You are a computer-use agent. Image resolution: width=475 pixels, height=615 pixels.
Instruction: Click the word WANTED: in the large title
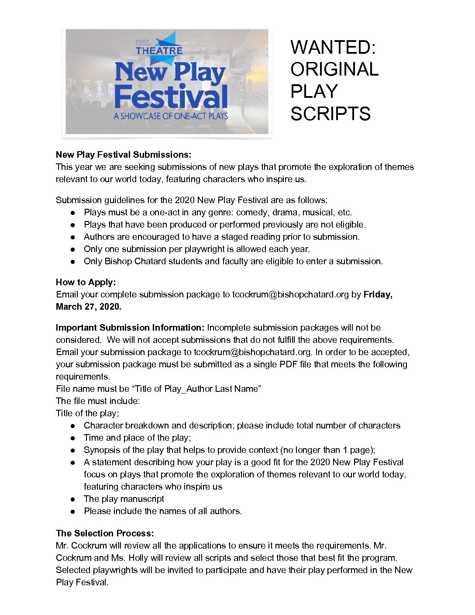333,47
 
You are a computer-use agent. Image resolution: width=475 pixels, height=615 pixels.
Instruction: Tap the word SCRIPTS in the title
330,114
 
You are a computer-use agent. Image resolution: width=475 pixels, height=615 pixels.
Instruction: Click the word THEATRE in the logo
159,51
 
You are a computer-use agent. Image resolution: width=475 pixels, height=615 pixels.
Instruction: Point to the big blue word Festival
171,97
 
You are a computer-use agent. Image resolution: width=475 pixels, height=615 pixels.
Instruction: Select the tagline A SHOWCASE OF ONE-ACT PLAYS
171,116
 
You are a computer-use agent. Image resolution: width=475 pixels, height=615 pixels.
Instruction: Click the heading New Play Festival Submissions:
124,155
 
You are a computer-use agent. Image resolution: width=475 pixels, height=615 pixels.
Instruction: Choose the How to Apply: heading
86,282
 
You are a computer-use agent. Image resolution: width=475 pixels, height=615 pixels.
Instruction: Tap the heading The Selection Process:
105,533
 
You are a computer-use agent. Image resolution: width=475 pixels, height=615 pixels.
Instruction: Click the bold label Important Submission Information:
130,328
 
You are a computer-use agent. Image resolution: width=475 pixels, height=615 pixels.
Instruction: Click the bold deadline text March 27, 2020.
89,307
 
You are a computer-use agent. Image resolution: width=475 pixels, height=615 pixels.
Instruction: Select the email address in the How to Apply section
290,294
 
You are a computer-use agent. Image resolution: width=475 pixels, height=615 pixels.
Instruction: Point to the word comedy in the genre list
251,212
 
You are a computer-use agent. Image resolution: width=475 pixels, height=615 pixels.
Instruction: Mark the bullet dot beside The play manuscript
73,499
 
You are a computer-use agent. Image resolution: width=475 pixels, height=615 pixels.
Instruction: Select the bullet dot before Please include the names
73,511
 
